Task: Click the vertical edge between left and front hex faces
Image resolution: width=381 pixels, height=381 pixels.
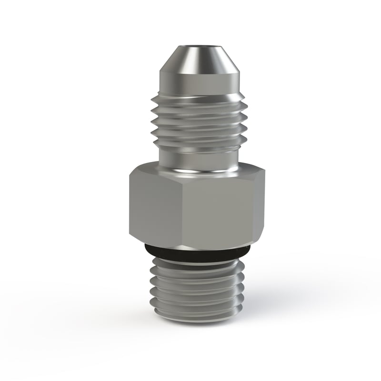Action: pos(183,210)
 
